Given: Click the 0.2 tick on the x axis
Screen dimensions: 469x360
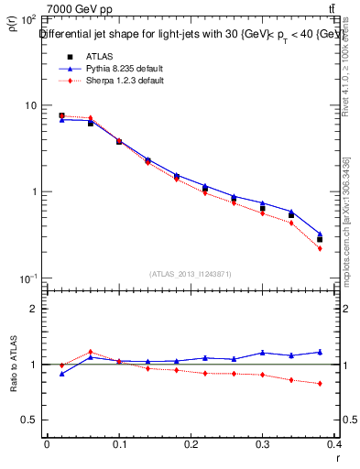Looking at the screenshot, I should [191, 446].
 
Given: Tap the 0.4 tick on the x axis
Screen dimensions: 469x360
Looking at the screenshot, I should [335, 446].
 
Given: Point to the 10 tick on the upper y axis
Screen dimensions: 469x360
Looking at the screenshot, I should [30, 105].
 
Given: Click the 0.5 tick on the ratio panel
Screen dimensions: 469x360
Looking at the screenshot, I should [30, 420].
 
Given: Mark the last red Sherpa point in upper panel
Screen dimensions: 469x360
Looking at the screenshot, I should [320, 248].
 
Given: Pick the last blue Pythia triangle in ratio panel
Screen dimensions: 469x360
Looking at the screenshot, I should [320, 352].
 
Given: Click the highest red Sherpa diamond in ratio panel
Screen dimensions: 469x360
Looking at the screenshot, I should [91, 352].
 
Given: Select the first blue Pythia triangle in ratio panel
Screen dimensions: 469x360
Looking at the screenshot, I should [61, 374].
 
